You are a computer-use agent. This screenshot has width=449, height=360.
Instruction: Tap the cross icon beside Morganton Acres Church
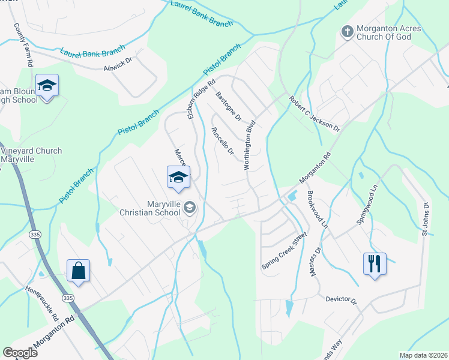point(346,31)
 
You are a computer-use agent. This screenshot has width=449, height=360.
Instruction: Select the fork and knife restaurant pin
point(375,263)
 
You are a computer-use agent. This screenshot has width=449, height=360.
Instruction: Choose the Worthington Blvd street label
point(249,145)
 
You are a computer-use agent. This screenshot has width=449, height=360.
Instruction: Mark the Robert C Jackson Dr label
point(314,114)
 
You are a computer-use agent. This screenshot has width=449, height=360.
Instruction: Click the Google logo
point(20,352)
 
